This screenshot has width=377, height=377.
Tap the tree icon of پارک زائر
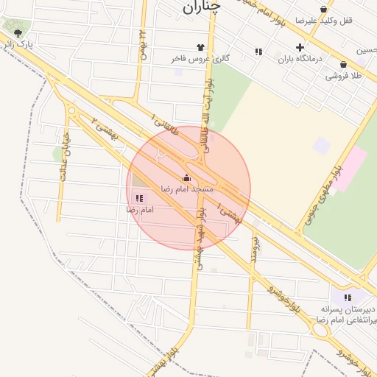(17, 33)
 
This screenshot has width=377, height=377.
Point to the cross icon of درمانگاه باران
(299, 48)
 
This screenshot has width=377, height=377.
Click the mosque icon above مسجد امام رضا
(186, 177)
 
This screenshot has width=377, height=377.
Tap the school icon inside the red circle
(139, 198)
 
